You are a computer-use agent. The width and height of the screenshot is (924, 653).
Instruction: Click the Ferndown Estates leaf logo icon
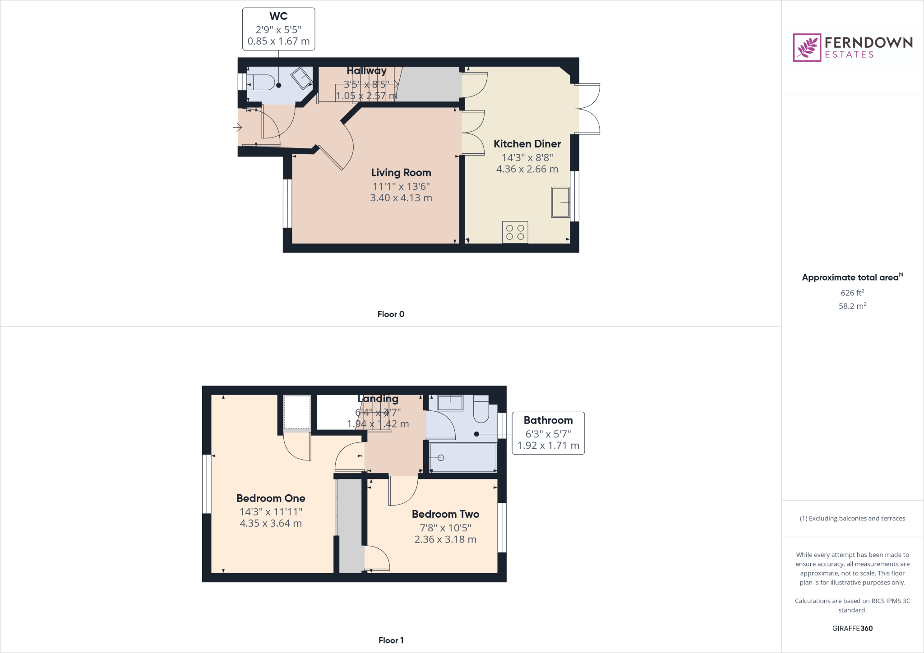click(x=807, y=47)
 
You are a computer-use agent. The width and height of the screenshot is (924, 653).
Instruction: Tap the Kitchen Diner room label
click(x=527, y=144)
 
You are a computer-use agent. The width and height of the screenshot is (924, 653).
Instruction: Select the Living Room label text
click(x=401, y=173)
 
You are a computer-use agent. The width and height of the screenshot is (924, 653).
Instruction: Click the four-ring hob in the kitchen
click(x=515, y=232)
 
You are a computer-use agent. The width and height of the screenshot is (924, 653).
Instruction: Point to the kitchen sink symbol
click(x=560, y=202)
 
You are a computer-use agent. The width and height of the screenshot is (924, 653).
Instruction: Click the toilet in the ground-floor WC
click(x=262, y=83)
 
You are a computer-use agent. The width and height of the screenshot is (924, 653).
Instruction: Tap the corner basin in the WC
click(x=302, y=78)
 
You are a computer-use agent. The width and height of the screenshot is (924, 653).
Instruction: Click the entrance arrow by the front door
click(x=237, y=127)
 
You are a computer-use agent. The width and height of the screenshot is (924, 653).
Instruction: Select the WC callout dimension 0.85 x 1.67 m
click(x=278, y=41)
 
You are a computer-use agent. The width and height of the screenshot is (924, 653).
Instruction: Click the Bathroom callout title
click(x=548, y=420)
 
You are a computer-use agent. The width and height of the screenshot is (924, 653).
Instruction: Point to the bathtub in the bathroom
click(x=463, y=457)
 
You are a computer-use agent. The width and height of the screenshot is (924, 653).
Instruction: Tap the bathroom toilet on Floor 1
click(x=481, y=409)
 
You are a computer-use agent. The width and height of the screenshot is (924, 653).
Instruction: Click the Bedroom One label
click(x=271, y=498)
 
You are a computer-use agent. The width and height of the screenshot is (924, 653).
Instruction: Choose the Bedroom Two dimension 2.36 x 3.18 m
click(x=445, y=539)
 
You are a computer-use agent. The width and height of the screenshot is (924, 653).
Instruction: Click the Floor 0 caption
click(x=391, y=314)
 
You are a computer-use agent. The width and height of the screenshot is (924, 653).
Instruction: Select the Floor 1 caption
click(x=391, y=640)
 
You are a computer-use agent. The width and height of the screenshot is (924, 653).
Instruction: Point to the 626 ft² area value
click(x=852, y=293)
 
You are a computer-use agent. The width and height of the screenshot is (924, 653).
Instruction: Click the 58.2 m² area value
click(x=852, y=306)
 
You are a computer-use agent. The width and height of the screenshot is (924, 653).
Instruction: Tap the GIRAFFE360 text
click(x=852, y=628)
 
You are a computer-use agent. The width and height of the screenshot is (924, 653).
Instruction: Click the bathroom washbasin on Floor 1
click(x=450, y=402)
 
